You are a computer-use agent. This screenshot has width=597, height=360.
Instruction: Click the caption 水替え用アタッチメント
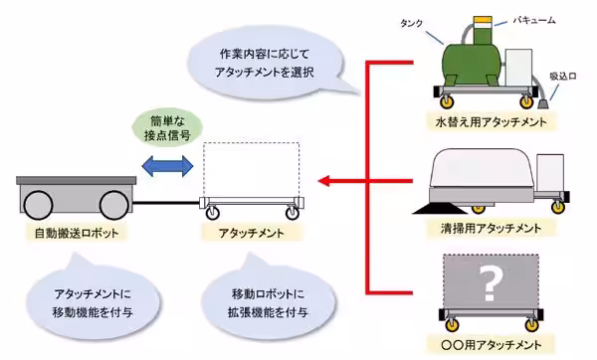[x=489, y=123]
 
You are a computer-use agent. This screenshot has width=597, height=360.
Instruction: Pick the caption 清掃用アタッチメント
[x=489, y=227]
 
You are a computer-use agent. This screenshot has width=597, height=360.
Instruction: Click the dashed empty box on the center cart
[x=250, y=169]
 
